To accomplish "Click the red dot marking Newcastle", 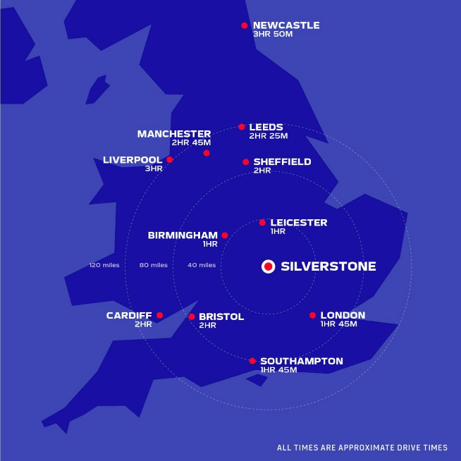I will coord(245,25).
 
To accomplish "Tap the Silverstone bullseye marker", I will coord(268,266).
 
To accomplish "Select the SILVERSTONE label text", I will coord(328,266).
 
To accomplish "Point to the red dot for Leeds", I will coord(242,127).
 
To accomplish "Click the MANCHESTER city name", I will coord(174,134).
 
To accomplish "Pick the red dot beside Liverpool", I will coord(170,159).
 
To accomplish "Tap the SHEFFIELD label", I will coord(282,161).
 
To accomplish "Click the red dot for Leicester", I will coord(262,222).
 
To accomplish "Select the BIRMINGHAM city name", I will coord(183,235).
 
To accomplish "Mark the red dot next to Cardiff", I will coord(160,315).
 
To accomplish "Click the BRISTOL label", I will coord(221,316).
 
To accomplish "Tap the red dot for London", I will coord(312,315).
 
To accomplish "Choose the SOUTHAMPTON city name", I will coord(302,361).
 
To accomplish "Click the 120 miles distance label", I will coord(104,265).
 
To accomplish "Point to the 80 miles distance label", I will coord(154,265).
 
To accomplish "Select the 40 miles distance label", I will coord(202,265).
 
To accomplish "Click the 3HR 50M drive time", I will coord(271,34).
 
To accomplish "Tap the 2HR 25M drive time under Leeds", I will coord(269,136).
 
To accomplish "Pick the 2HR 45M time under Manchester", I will coord(191,142).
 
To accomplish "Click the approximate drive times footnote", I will coord(362,448).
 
